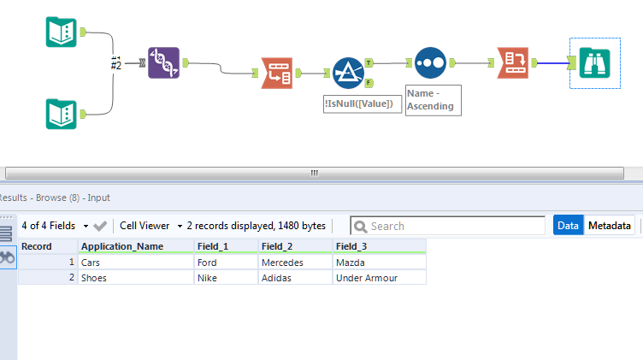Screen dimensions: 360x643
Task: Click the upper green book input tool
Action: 62,32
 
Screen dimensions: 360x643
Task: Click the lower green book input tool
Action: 62,113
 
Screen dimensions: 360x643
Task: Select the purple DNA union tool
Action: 164,62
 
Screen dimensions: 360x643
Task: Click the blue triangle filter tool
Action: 348,73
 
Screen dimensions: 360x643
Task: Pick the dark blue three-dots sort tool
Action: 430,62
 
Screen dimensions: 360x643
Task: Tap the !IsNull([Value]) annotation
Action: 363,103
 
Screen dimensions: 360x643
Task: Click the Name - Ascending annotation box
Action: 433,100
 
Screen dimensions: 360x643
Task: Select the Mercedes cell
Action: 295,263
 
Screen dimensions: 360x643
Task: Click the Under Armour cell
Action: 379,277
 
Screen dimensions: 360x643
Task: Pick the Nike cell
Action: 226,277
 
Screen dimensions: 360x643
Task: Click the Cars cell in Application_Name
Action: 135,263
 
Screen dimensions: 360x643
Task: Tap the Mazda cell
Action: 379,263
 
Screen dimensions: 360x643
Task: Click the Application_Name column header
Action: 135,246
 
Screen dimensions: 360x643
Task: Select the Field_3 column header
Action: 379,246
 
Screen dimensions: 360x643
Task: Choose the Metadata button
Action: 610,226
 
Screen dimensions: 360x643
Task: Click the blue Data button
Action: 568,226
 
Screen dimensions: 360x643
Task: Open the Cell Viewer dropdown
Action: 151,226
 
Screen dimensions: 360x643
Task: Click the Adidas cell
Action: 295,277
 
